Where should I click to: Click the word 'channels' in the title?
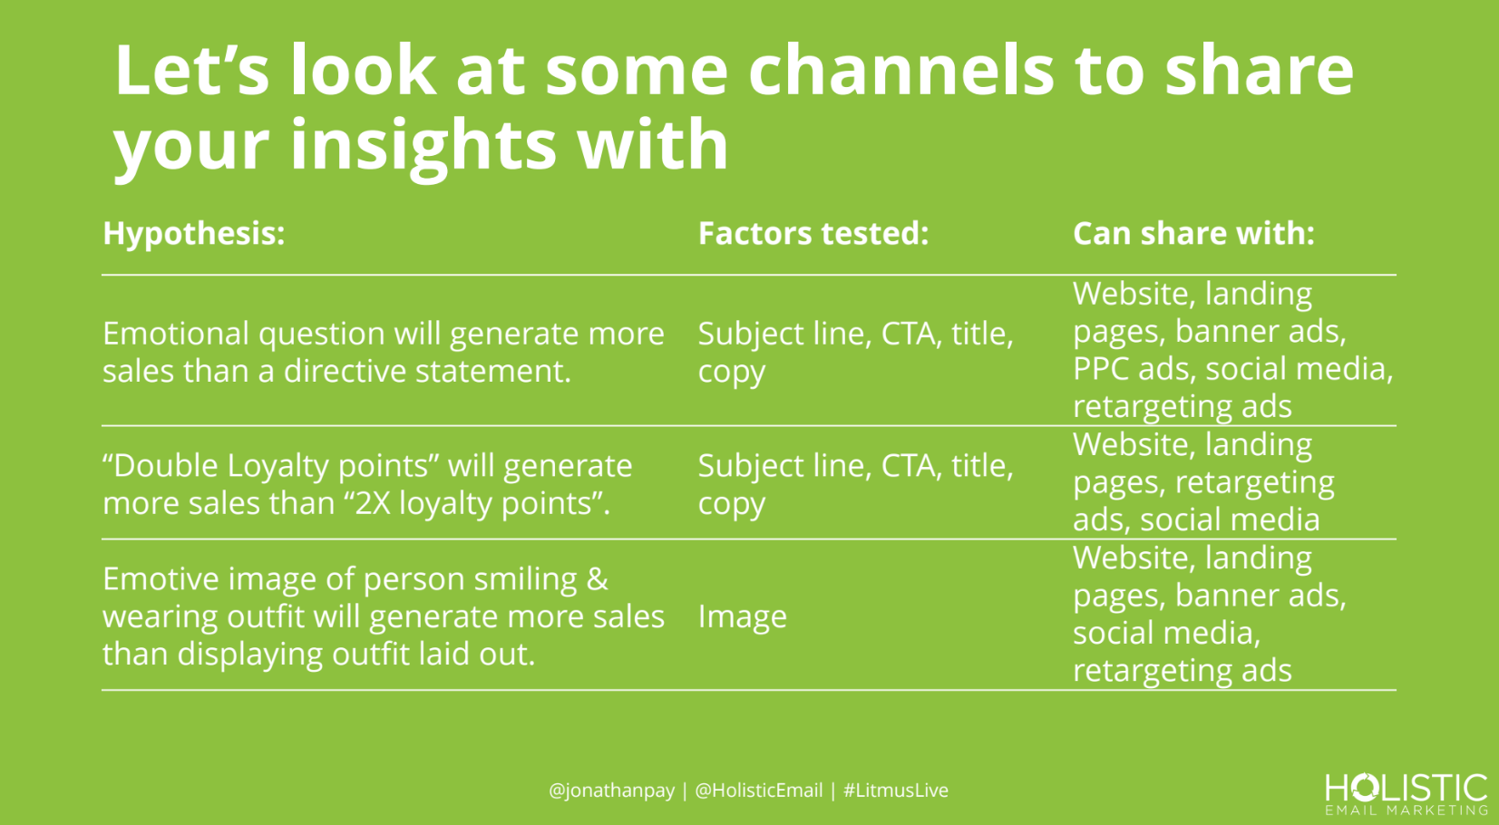click(x=900, y=70)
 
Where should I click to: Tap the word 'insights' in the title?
click(x=422, y=144)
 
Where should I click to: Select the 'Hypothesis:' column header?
click(x=194, y=234)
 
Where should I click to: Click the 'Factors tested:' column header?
click(x=813, y=233)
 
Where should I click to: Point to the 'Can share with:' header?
click(x=1193, y=233)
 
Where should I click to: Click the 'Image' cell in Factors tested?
click(x=742, y=616)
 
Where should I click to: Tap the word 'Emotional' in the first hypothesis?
click(x=176, y=334)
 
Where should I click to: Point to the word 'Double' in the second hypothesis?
click(x=166, y=466)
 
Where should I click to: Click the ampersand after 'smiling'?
click(x=597, y=578)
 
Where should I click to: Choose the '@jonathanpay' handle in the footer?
click(x=611, y=791)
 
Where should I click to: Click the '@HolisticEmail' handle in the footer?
click(x=759, y=791)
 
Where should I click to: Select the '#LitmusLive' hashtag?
click(x=895, y=791)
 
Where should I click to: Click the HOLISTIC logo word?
click(x=1406, y=788)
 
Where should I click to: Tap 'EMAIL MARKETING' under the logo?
click(x=1406, y=810)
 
